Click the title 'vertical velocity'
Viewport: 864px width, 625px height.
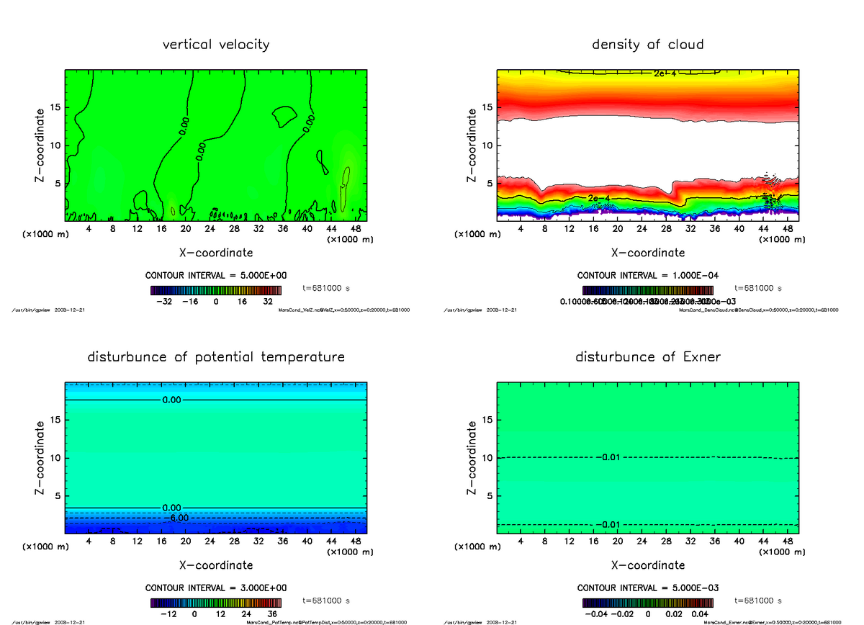216,45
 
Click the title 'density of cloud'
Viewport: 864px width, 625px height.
647,45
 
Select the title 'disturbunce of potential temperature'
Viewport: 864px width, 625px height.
216,357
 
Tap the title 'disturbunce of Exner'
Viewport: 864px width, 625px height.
647,357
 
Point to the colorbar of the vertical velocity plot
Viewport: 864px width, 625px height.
216,290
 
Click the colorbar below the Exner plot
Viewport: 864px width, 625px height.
648,603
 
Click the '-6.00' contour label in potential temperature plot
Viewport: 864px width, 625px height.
177,518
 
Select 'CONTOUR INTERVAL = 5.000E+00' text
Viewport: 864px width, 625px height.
216,276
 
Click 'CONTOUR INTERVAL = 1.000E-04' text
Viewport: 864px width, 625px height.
648,276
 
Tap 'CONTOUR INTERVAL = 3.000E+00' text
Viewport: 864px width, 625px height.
216,588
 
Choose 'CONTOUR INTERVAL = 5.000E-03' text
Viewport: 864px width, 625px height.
648,588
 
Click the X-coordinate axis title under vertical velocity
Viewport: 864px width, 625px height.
216,253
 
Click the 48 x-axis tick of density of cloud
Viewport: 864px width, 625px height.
788,229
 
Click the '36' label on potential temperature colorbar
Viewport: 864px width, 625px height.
272,615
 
